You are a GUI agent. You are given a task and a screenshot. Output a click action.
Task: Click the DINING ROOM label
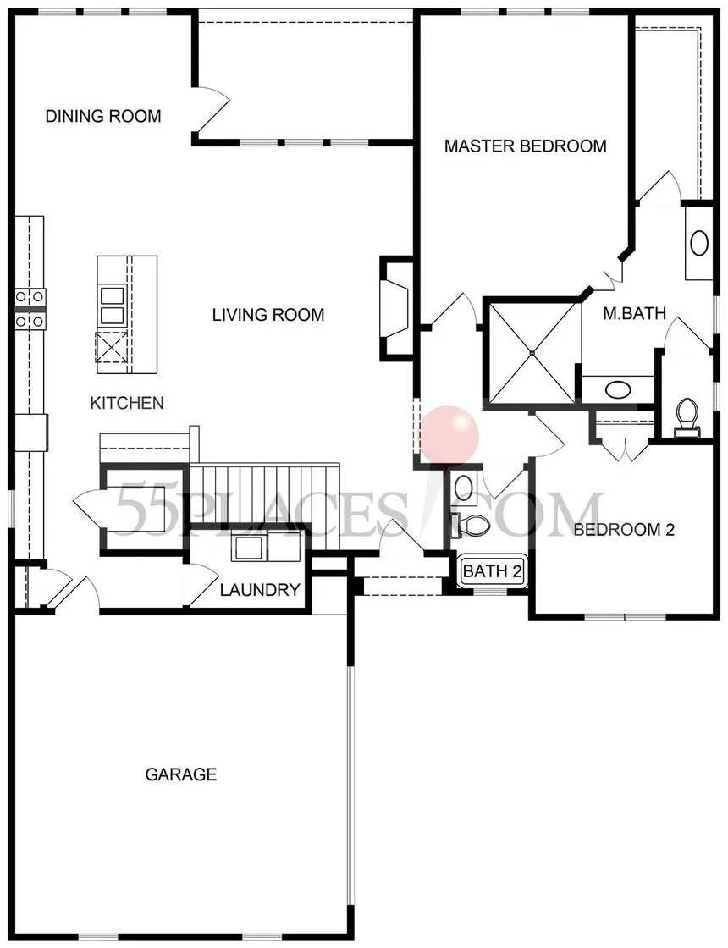tap(103, 116)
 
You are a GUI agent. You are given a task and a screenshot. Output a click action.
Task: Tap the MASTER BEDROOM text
tap(525, 146)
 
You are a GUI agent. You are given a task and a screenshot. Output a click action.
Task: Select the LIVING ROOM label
tap(267, 315)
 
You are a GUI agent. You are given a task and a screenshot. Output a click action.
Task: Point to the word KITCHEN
tap(127, 403)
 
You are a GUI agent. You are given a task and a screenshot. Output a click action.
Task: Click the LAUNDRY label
tap(260, 590)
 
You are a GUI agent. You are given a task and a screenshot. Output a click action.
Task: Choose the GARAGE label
tap(181, 774)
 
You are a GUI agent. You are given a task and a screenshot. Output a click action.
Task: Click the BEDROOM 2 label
tap(624, 530)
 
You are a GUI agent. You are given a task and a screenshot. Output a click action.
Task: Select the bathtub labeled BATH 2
tap(492, 571)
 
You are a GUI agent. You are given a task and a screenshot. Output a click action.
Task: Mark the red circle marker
tap(449, 436)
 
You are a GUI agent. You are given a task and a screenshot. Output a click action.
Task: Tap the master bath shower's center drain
tap(532, 351)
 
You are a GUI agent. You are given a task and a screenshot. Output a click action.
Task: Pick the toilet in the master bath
tap(687, 418)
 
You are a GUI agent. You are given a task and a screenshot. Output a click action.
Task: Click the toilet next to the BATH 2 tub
tap(471, 525)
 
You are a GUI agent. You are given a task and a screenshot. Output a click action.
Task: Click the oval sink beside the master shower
tap(618, 390)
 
